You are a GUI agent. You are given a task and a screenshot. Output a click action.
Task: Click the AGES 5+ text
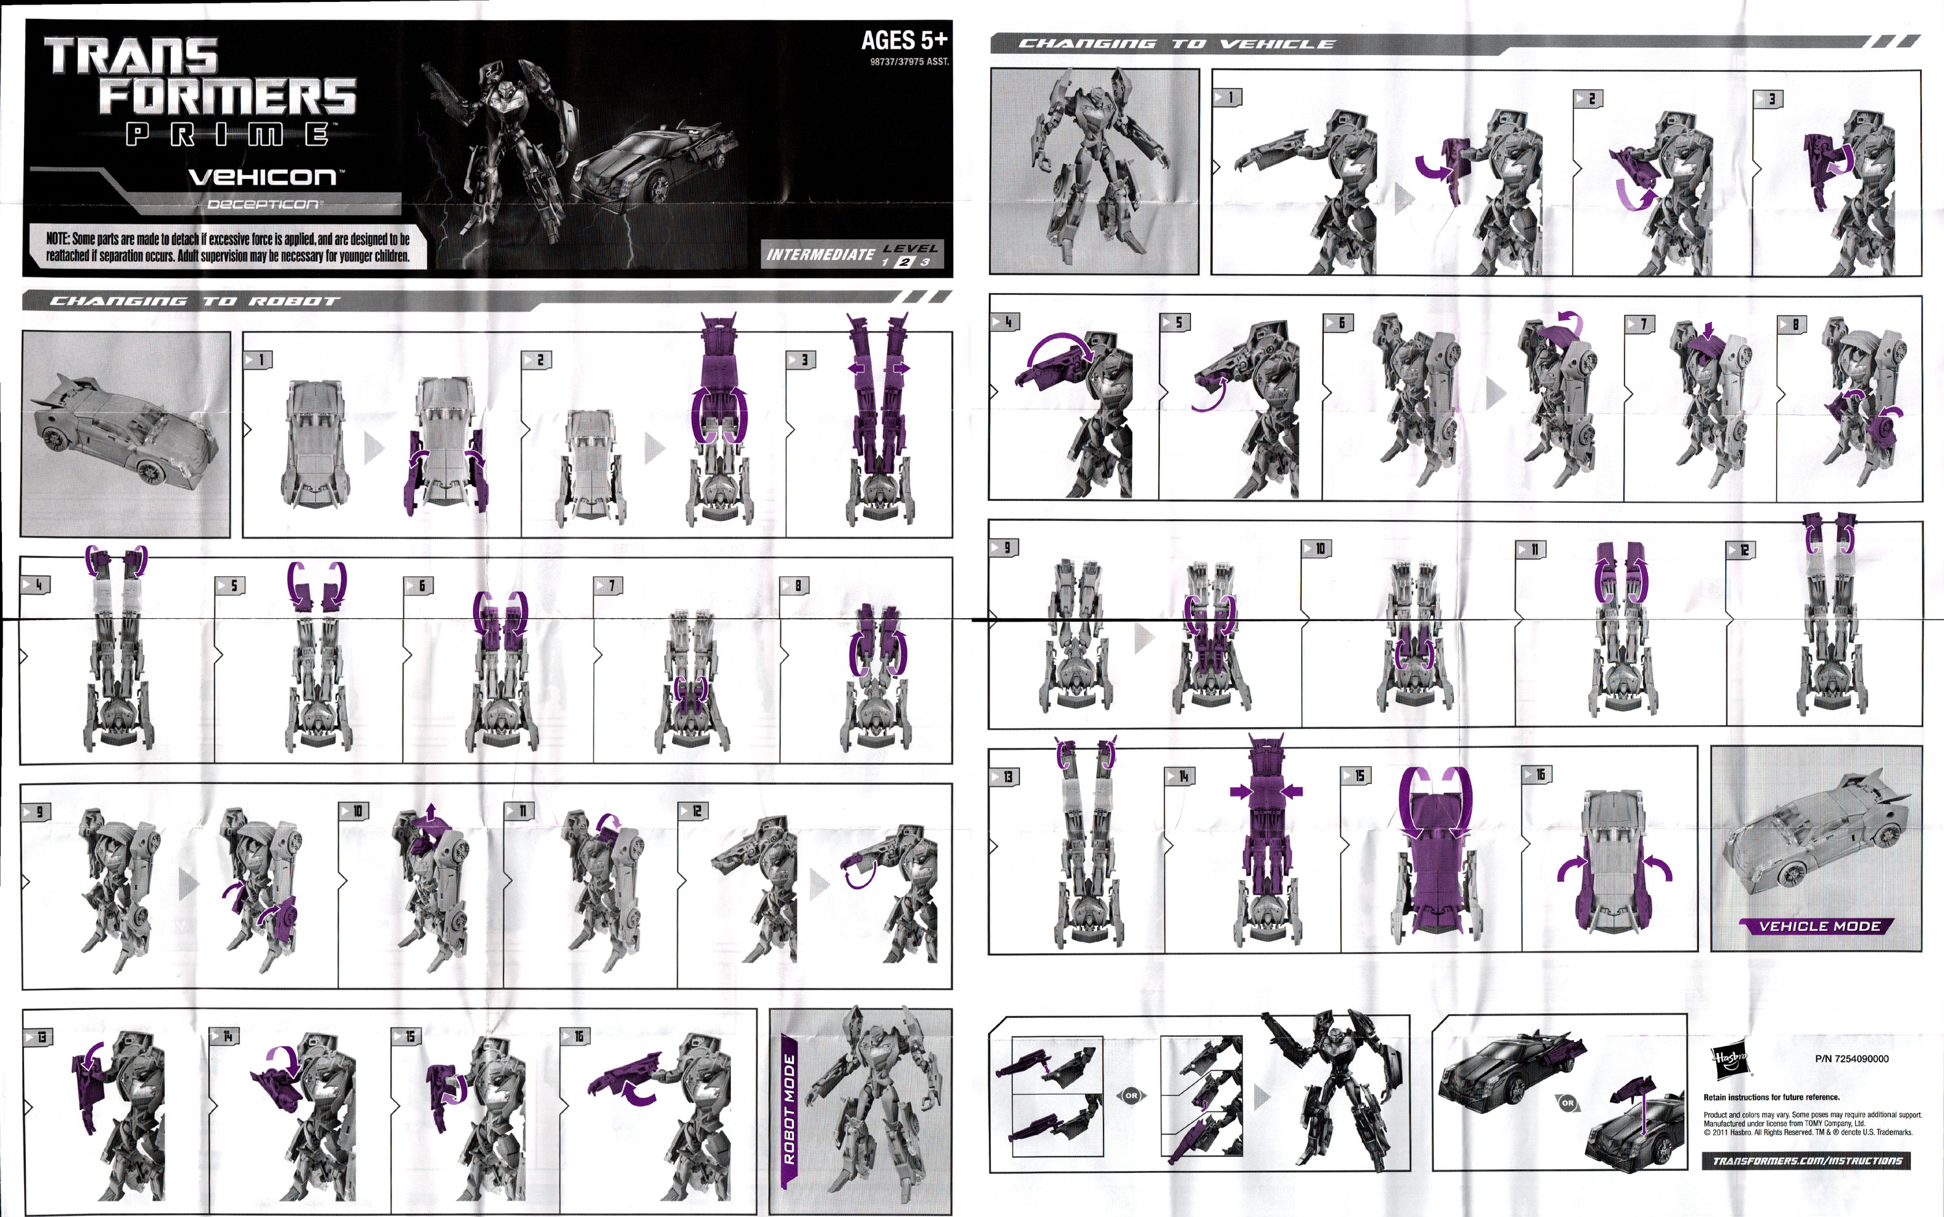[x=903, y=40]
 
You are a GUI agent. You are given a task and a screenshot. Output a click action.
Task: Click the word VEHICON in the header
[x=262, y=176]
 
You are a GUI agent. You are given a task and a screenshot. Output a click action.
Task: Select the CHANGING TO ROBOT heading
[x=194, y=301]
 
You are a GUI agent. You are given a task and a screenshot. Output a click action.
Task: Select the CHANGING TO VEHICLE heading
[x=1175, y=44]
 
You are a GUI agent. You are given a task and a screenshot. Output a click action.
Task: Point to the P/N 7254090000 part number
[x=1851, y=1058]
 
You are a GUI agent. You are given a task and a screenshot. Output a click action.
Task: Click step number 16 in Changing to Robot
[x=576, y=1036]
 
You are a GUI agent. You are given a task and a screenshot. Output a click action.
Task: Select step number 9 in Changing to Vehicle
[x=1004, y=548]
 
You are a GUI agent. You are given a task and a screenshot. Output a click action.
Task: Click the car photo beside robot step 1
[x=124, y=433]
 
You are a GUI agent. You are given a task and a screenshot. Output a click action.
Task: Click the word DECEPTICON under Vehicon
[x=263, y=204]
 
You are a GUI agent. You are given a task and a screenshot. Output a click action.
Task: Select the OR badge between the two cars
[x=1567, y=1103]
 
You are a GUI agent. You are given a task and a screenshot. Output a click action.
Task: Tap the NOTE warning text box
[x=227, y=247]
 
